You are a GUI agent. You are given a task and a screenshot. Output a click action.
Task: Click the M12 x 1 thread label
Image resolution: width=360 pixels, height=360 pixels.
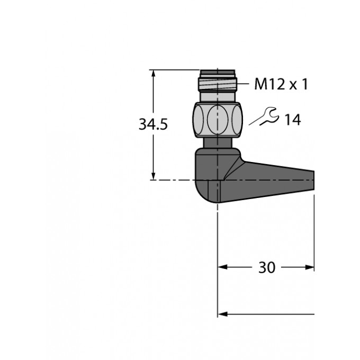click(281, 84)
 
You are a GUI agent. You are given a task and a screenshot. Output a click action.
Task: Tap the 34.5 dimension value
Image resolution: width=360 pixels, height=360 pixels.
click(153, 124)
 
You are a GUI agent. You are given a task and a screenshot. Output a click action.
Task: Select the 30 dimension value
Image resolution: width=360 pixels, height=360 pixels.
click(266, 267)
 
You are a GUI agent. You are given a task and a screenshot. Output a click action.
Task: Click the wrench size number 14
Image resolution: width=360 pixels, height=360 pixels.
click(292, 120)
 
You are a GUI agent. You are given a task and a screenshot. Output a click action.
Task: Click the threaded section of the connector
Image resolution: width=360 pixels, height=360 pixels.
click(218, 84)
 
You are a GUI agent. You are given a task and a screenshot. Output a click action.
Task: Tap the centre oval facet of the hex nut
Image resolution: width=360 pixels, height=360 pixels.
click(218, 120)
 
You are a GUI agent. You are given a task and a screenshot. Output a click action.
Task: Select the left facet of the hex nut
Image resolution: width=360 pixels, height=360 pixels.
click(198, 120)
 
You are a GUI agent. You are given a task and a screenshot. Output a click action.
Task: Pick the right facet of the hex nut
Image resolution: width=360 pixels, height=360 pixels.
click(237, 120)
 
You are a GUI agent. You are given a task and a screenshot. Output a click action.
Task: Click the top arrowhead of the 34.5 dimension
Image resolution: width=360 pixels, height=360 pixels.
click(154, 73)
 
